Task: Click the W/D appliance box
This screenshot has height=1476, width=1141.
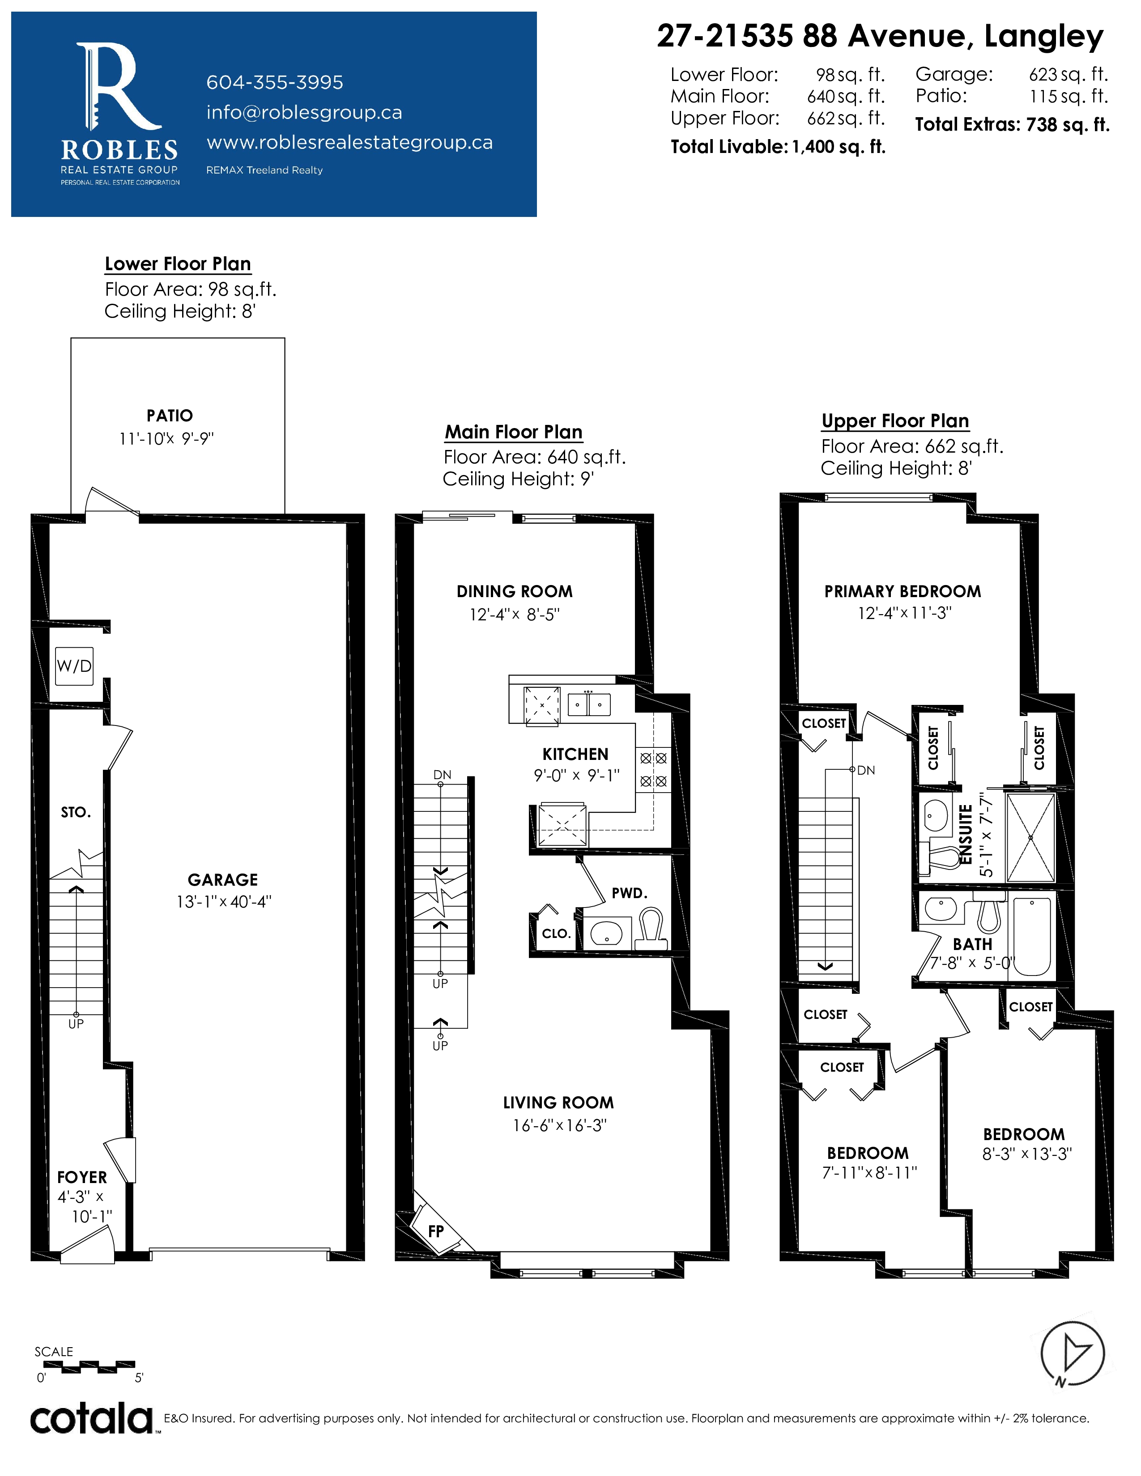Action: (x=74, y=666)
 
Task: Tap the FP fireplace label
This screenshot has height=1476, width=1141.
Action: (x=436, y=1231)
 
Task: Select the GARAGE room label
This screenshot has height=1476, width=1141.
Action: (x=223, y=879)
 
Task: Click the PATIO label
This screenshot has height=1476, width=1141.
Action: (x=170, y=416)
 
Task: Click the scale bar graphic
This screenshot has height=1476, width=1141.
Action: (x=85, y=1366)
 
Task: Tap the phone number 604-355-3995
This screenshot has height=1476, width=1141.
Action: (x=274, y=82)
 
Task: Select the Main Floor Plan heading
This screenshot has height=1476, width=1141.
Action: (x=514, y=432)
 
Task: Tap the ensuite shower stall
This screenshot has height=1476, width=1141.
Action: (x=1030, y=837)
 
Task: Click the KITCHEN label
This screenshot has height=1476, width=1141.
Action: (x=575, y=754)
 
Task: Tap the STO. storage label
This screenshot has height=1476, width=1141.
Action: (x=76, y=812)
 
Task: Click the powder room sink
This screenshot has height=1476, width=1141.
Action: (x=606, y=933)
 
